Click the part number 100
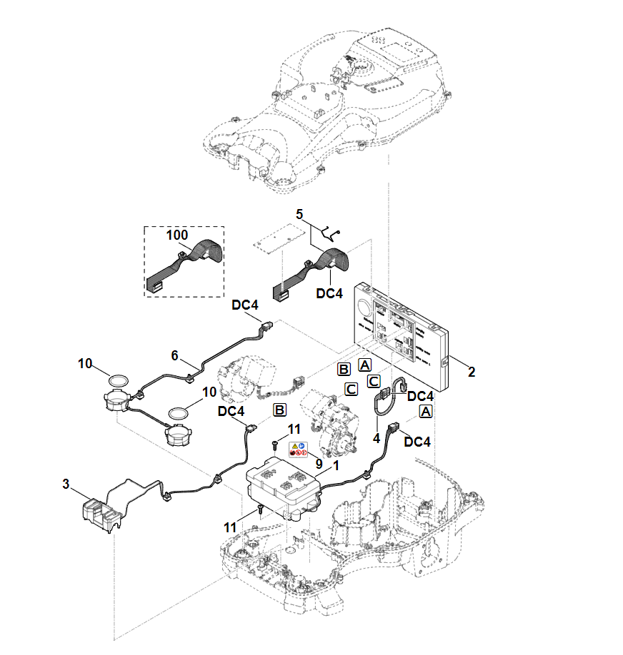click(177, 234)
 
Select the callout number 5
click(300, 213)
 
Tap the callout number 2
click(472, 372)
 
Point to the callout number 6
click(174, 355)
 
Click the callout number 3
click(66, 484)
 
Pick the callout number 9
click(319, 464)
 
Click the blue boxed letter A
click(364, 365)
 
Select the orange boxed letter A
click(426, 412)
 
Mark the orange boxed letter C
click(351, 389)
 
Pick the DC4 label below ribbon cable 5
click(329, 293)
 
